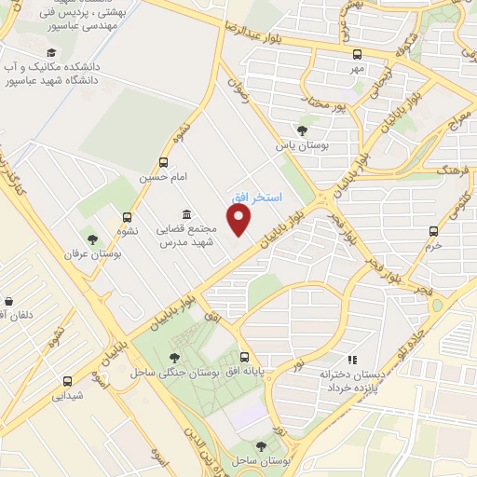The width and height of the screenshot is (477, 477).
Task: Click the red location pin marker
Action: (x=240, y=221)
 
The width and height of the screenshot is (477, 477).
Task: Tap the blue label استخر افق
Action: (x=252, y=198)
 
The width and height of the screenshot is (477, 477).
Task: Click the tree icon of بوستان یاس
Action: (x=300, y=130)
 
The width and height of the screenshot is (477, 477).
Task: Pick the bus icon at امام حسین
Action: (x=164, y=161)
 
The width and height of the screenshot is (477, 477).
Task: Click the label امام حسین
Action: (x=159, y=176)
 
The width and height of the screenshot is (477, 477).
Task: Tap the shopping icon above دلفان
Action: (x=9, y=301)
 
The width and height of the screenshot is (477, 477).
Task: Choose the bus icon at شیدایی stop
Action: (x=66, y=380)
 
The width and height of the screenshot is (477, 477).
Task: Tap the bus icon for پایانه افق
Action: (x=244, y=357)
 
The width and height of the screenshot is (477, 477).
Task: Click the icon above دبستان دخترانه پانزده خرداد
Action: (x=351, y=359)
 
